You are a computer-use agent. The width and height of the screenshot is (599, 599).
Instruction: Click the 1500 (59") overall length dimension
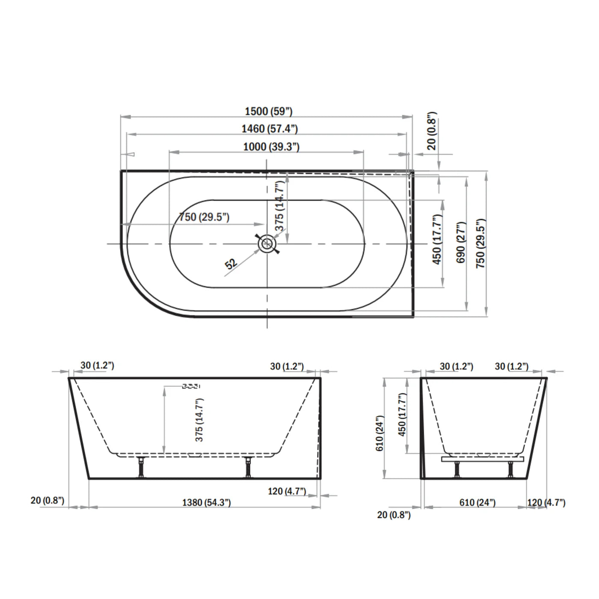point(269,111)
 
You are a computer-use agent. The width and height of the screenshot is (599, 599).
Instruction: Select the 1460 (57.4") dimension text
point(270,129)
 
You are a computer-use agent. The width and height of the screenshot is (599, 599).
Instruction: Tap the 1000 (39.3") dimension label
point(271,147)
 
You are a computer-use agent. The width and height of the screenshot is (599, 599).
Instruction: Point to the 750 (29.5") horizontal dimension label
point(204,216)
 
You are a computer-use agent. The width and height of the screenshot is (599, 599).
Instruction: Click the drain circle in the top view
point(267,243)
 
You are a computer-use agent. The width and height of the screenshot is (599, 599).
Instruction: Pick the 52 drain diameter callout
point(231,264)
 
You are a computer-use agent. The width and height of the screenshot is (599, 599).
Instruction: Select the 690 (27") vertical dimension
point(461,243)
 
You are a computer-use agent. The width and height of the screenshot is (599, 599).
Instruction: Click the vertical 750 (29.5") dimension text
point(480,243)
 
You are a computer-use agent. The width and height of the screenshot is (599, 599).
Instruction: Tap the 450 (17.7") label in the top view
point(437,239)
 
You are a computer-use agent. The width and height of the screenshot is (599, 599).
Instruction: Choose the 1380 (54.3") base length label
point(206,502)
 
